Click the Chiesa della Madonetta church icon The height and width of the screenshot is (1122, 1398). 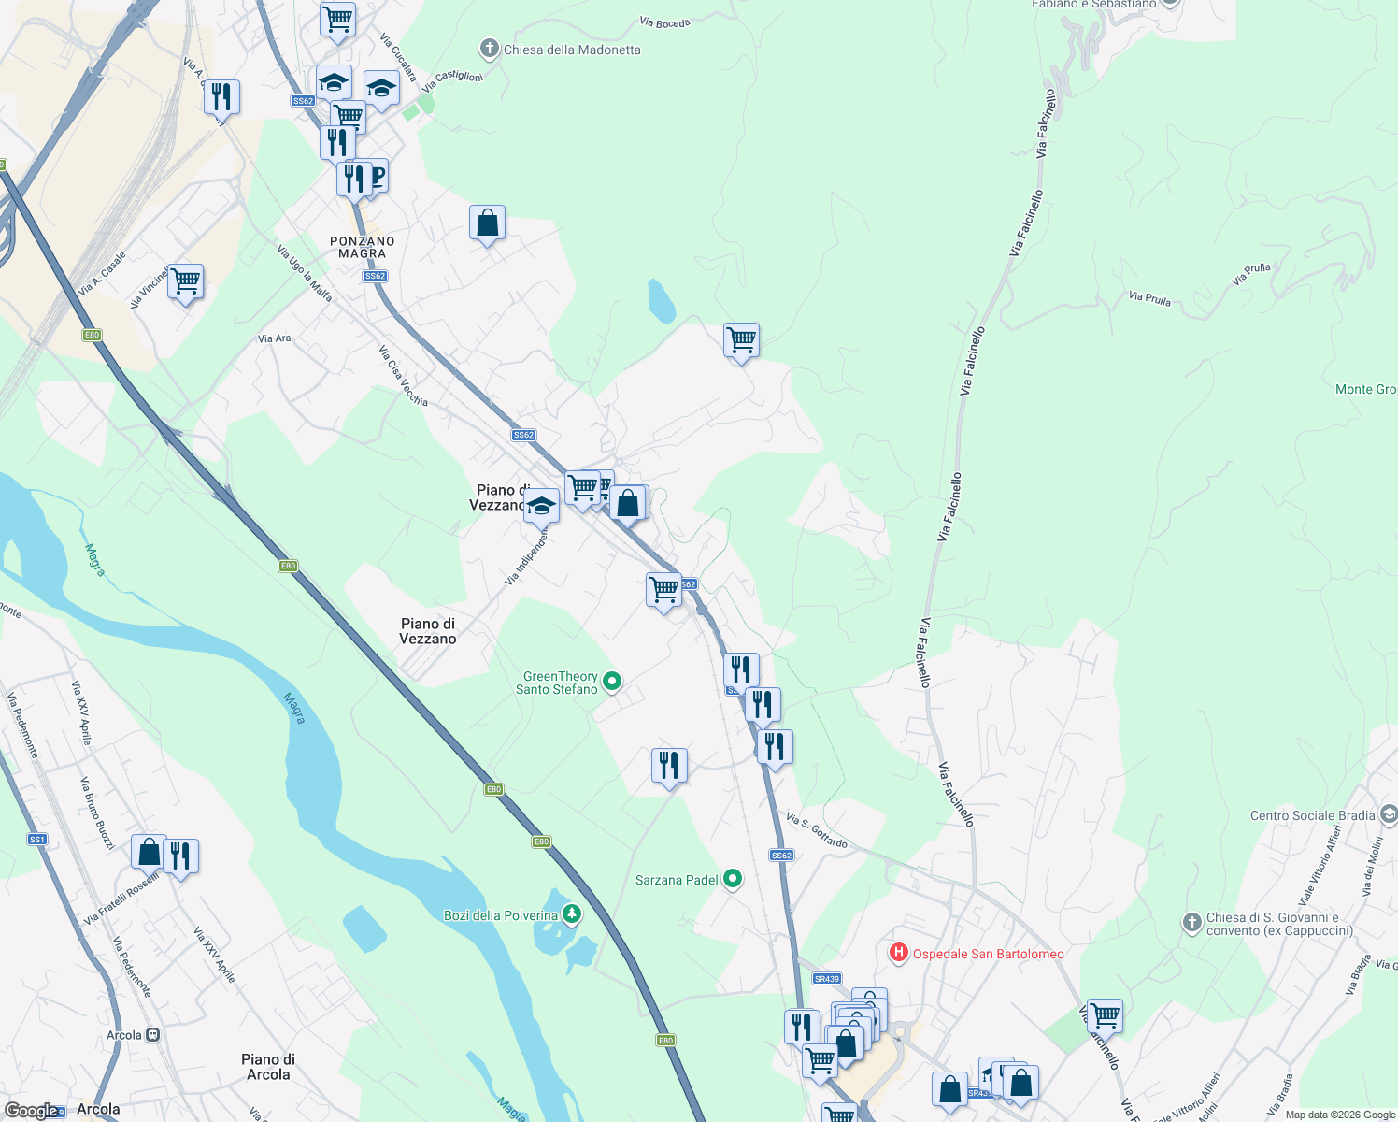pos(488,49)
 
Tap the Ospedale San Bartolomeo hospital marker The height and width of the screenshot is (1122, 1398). pos(898,953)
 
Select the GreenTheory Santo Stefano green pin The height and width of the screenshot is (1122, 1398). pos(612,681)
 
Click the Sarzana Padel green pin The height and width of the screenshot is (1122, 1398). pos(733,879)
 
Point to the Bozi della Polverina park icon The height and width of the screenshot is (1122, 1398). pos(570,914)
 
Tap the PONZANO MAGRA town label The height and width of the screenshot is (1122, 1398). pos(363,247)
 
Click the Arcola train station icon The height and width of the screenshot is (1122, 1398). pos(152,1035)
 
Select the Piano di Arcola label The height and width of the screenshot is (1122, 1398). pos(268,1067)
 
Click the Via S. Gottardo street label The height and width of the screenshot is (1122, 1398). pos(816,830)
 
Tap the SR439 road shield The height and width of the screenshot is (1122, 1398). pos(826,979)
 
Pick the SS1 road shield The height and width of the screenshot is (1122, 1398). pos(37,840)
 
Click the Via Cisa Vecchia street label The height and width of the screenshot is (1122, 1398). pos(403,376)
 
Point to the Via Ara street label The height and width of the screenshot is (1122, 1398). pos(274,338)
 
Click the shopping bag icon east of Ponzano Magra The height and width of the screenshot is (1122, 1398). pos(487,224)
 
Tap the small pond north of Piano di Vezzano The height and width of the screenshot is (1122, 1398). pos(661,301)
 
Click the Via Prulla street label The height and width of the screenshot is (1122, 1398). pos(1149,298)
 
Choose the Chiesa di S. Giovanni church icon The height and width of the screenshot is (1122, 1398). pos(1191,923)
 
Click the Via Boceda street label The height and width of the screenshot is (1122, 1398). pos(664,22)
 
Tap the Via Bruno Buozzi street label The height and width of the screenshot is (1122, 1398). pos(97,813)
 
